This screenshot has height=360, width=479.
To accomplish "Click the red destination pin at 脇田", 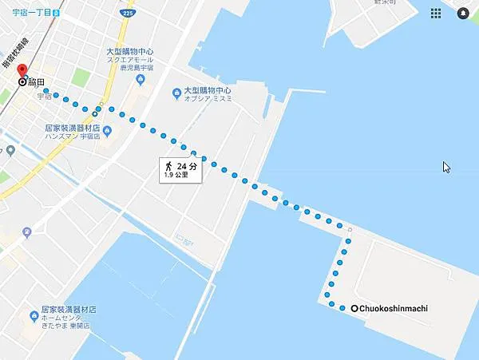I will (x=22, y=70).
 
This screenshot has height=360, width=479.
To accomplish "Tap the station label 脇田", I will (x=37, y=81).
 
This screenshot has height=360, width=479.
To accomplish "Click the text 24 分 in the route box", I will (x=187, y=166).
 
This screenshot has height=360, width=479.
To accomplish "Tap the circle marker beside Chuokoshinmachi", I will (x=354, y=308).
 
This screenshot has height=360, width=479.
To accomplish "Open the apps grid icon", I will (x=436, y=14).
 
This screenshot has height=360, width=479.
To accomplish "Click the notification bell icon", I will (x=463, y=14).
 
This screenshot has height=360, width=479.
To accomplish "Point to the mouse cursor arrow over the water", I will (x=446, y=167).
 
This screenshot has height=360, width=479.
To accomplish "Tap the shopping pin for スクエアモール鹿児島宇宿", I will (x=140, y=80).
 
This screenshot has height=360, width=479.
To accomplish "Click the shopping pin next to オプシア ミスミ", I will (x=176, y=94).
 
